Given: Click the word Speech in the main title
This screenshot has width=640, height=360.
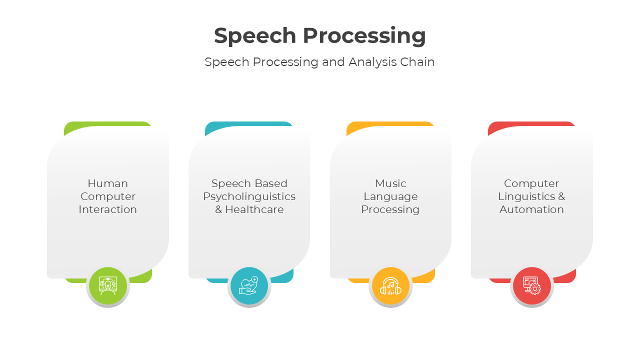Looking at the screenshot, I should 255,36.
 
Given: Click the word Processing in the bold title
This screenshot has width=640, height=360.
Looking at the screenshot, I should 364,36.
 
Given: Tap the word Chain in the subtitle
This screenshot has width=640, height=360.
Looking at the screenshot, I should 417,62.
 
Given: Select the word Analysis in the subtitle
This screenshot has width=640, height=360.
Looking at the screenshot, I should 370,62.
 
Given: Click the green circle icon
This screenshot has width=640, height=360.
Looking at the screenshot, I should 108,286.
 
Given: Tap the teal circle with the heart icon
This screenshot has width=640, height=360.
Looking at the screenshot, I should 249,286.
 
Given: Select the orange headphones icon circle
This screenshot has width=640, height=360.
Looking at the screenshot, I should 390,286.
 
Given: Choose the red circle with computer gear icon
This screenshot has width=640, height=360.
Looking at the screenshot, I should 532,286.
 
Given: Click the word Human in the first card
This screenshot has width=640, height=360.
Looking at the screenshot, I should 107,183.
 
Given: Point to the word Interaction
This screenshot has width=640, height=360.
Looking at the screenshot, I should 107,209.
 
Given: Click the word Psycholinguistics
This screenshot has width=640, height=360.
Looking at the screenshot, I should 249,196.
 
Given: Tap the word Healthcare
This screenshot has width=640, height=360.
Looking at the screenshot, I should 254,209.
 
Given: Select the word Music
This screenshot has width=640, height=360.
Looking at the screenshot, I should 390,183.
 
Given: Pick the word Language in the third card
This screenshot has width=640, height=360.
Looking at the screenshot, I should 390,196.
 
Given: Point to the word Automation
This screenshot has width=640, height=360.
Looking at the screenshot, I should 531,209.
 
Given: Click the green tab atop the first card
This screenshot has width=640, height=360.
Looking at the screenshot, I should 107,123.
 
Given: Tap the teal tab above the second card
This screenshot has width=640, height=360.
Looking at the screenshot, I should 248,123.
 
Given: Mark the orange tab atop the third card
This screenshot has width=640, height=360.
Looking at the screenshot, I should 390,123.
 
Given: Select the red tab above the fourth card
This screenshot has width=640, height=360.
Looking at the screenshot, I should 531,123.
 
